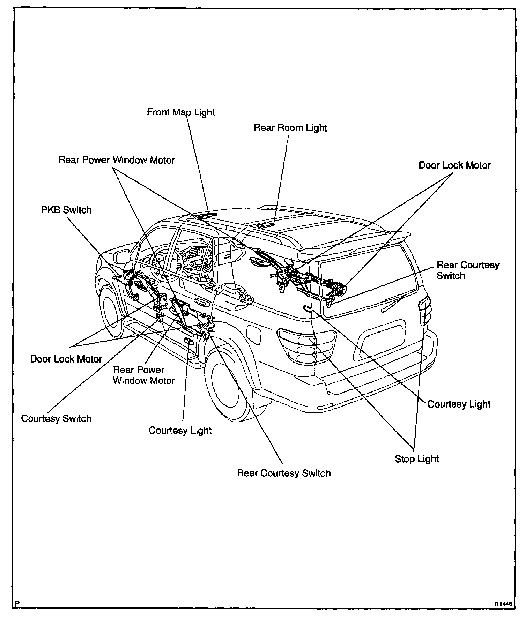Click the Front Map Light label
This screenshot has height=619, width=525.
pos(181,112)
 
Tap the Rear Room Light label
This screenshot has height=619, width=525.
pos(290,128)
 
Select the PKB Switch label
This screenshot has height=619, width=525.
pos(66,210)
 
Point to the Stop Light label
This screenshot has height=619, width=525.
pos(416,459)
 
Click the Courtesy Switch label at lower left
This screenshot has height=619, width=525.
pos(56,418)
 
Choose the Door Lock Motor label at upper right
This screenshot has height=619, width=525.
pos(454,165)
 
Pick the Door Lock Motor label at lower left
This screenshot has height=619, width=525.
pos(66,359)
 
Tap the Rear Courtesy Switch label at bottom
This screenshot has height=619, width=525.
pos(283,473)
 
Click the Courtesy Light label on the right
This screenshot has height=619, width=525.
pos(459,404)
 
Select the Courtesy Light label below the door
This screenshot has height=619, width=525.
pos(180,430)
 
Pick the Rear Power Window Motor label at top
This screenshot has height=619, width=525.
pos(117,160)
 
